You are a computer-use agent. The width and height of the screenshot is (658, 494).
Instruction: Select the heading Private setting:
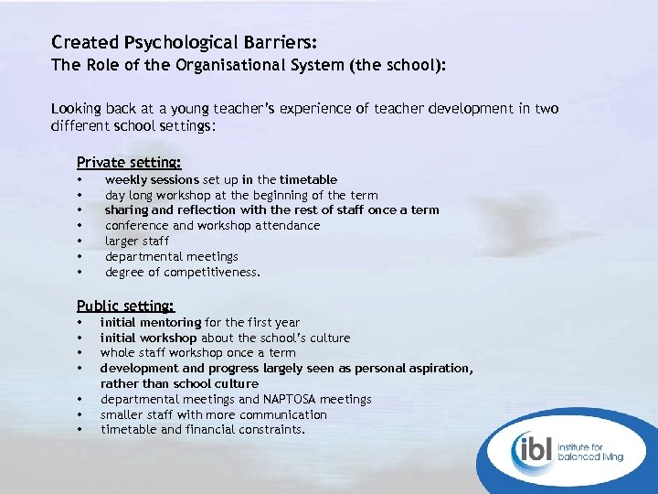[129, 162]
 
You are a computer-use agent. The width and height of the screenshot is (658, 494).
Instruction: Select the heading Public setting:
[125, 306]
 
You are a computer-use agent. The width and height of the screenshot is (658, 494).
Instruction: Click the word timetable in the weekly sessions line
[308, 179]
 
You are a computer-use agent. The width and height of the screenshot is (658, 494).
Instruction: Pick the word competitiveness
[216, 272]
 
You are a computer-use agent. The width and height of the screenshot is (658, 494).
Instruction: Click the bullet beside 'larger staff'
[80, 241]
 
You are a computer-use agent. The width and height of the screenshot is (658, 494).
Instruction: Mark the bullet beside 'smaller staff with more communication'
[80, 414]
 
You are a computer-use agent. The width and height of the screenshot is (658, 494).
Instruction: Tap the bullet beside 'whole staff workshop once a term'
[80, 353]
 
